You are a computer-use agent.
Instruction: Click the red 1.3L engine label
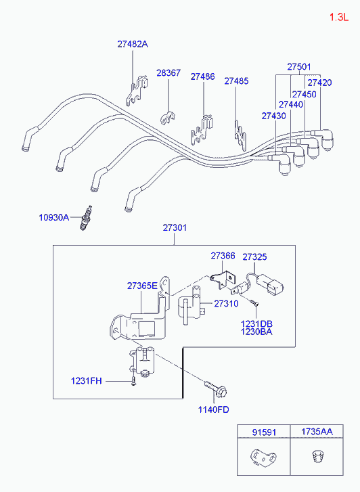(x=338, y=17)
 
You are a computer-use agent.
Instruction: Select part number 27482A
(x=133, y=44)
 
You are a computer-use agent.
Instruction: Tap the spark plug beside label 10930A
(x=86, y=218)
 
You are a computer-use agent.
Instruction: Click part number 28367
(x=168, y=73)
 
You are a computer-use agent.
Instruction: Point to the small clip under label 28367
(x=168, y=117)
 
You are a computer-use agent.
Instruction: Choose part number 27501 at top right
(x=299, y=67)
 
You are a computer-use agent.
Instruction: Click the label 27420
(x=319, y=83)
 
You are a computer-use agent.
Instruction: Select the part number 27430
(x=273, y=116)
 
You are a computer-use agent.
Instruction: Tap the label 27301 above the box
(x=175, y=227)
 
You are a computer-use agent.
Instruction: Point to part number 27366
(x=223, y=256)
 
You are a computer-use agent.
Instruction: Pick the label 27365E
(x=142, y=286)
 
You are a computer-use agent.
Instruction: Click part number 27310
(x=226, y=303)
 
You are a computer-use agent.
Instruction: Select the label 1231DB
(x=256, y=323)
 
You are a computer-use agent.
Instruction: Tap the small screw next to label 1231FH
(x=134, y=381)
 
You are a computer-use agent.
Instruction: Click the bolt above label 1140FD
(x=216, y=389)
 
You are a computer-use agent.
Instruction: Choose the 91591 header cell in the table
(x=264, y=432)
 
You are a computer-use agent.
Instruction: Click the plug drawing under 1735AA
(x=317, y=455)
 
